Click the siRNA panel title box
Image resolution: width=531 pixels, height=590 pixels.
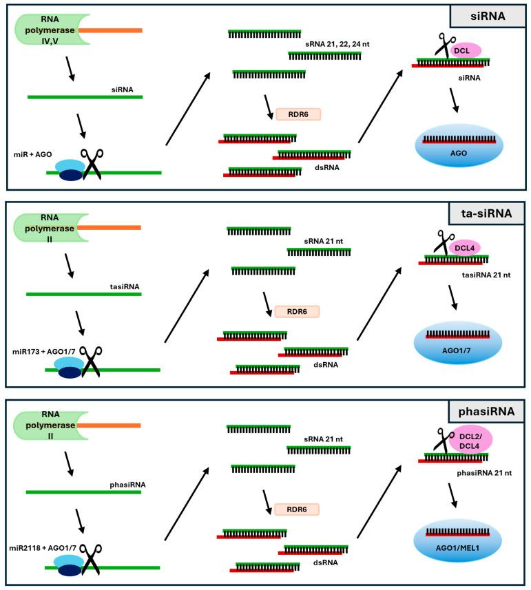pyautogui.click(x=488, y=17)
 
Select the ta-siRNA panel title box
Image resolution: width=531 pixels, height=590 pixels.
pyautogui.click(x=486, y=213)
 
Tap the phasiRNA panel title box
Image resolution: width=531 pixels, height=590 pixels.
pyautogui.click(x=486, y=411)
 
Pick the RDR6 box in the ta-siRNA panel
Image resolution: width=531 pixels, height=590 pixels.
pyautogui.click(x=297, y=312)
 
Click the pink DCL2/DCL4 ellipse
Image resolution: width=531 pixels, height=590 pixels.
pyautogui.click(x=470, y=439)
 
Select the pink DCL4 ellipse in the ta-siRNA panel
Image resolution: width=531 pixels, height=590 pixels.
pyautogui.click(x=464, y=248)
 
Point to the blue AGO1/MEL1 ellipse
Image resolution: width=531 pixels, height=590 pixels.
pyautogui.click(x=457, y=541)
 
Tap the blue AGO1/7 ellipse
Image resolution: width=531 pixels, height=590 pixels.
pyautogui.click(x=457, y=343)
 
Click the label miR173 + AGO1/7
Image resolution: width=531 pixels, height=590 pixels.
pyautogui.click(x=43, y=351)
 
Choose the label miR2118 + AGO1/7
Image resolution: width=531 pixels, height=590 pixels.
pyautogui.click(x=43, y=548)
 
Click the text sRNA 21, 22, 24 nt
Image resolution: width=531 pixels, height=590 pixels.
pyautogui.click(x=337, y=44)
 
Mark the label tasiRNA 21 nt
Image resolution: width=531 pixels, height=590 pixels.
pyautogui.click(x=486, y=275)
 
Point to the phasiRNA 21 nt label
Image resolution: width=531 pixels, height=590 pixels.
pyautogui.click(x=484, y=473)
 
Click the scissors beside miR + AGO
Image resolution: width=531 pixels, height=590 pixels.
pyautogui.click(x=92, y=164)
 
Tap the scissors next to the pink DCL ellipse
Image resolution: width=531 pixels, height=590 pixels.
pyautogui.click(x=445, y=46)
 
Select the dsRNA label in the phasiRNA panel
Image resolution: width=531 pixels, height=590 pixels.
pyautogui.click(x=326, y=562)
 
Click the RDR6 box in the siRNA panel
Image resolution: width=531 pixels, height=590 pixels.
pyautogui.click(x=298, y=114)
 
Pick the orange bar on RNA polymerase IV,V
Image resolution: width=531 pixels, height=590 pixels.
pyautogui.click(x=110, y=30)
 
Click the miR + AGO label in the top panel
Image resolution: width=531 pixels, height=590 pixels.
pyautogui.click(x=33, y=154)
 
